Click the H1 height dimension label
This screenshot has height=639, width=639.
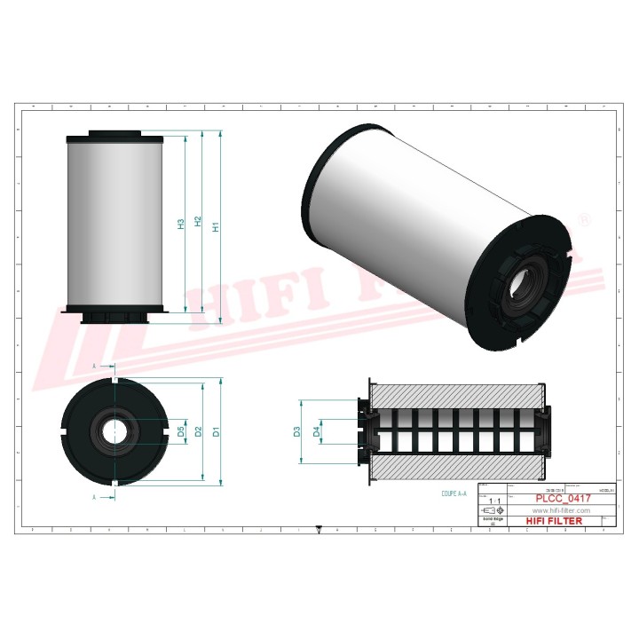(215, 226)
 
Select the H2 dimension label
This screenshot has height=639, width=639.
(198, 225)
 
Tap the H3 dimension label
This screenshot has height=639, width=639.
(181, 225)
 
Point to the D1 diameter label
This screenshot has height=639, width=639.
(215, 432)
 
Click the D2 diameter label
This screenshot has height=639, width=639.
(200, 432)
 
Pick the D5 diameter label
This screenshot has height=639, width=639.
(182, 432)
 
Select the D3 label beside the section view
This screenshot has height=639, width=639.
(297, 432)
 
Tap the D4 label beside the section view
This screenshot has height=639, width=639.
(317, 432)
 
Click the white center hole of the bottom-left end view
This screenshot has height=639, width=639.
(115, 432)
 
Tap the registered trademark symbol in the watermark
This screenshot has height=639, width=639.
(583, 217)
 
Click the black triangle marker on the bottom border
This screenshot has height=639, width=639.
(319, 531)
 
